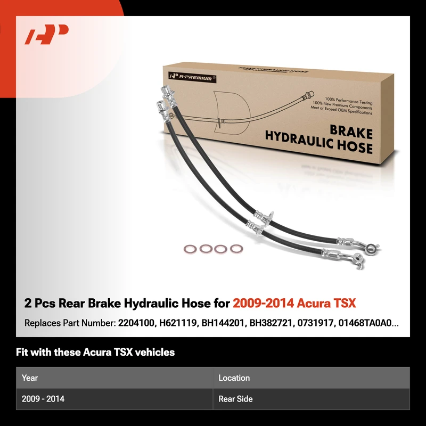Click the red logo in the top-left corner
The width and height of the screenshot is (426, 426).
pyautogui.click(x=46, y=34)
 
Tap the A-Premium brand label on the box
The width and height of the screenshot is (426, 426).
pyautogui.click(x=192, y=77)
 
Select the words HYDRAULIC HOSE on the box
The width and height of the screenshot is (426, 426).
pyautogui.click(x=318, y=143)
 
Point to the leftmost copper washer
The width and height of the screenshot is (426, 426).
pyautogui.click(x=190, y=249)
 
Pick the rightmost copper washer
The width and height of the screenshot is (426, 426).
pyautogui.click(x=236, y=249)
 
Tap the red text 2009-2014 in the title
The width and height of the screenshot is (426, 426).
pyautogui.click(x=263, y=303)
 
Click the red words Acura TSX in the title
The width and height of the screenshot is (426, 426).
pyautogui.click(x=326, y=303)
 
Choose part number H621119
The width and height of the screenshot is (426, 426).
pyautogui.click(x=178, y=323)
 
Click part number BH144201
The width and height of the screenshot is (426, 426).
pyautogui.click(x=223, y=323)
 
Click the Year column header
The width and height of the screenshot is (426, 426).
pyautogui.click(x=30, y=378)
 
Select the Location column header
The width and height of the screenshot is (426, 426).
pyautogui.click(x=234, y=378)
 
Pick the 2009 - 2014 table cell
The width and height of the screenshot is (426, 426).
pyautogui.click(x=43, y=398)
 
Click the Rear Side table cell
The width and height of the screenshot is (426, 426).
pyautogui.click(x=235, y=398)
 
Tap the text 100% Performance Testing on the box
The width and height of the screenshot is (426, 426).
pyautogui.click(x=349, y=101)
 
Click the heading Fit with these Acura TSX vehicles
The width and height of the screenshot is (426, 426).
pyautogui.click(x=95, y=352)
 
